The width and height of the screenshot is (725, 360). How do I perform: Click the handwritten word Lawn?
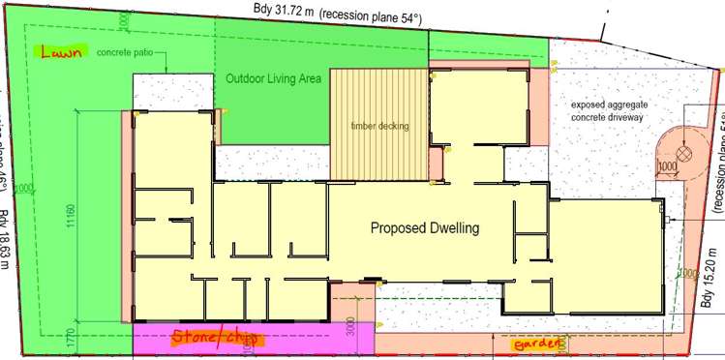(x=56, y=54)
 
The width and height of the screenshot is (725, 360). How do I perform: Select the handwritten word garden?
(x=534, y=344)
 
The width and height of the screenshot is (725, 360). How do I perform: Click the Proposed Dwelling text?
(x=425, y=228)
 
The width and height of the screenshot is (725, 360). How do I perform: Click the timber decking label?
(x=379, y=126)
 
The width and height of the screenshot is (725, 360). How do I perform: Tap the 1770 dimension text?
(x=71, y=338)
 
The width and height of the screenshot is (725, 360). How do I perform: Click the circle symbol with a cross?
(x=684, y=153)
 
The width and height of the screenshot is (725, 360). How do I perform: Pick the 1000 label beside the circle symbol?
(x=667, y=166)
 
